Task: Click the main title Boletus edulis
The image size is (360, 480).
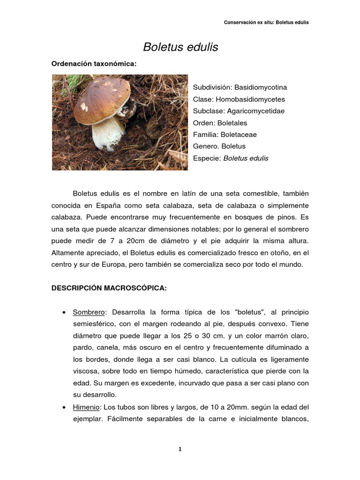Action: click(180, 47)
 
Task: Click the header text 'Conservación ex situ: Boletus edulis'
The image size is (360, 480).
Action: click(266, 22)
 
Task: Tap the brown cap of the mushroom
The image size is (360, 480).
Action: click(101, 98)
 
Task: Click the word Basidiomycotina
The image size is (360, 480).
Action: click(261, 88)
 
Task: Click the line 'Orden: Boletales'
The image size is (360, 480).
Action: click(220, 123)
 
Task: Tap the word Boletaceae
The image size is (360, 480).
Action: click(239, 135)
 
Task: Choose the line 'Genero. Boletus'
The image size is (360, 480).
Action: click(219, 146)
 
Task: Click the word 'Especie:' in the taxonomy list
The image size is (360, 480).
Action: click(207, 158)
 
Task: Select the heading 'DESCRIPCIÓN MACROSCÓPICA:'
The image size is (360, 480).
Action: click(109, 288)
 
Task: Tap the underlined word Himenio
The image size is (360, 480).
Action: click(87, 407)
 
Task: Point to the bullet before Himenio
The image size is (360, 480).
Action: click(63, 407)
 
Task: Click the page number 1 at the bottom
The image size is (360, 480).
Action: click(180, 449)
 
